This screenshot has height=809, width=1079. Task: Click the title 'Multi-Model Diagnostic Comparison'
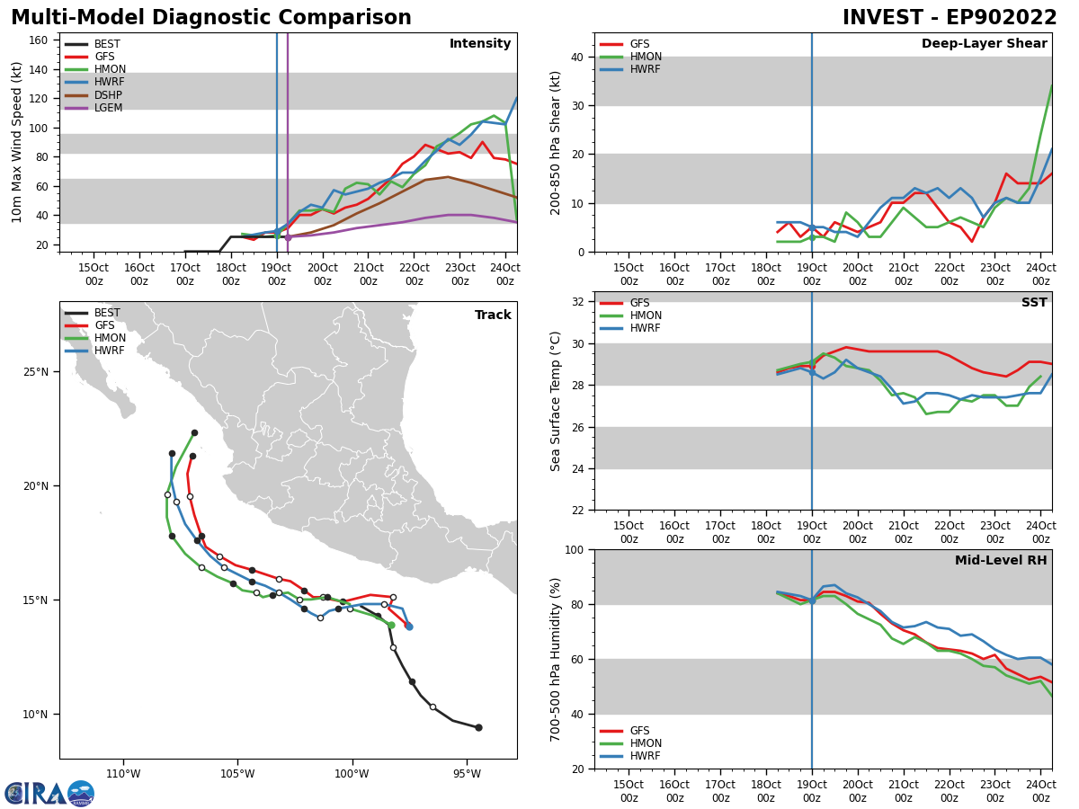click(211, 18)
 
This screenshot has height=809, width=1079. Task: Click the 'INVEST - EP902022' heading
click(950, 18)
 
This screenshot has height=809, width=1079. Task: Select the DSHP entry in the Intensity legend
click(108, 95)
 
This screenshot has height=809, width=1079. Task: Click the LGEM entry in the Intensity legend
click(108, 108)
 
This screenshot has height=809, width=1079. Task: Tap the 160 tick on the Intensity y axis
click(41, 40)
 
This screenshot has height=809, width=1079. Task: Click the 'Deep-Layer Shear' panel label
click(984, 44)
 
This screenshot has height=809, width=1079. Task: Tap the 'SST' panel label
click(1034, 303)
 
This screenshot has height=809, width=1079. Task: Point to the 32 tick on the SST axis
click(578, 302)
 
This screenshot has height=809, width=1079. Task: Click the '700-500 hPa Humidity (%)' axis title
click(557, 659)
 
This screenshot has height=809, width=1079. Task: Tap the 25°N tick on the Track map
click(36, 372)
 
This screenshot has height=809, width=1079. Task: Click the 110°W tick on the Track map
click(123, 773)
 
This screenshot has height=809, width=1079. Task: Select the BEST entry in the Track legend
click(106, 314)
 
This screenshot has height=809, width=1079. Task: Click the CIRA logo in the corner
click(49, 793)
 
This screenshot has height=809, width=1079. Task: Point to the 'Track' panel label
click(493, 316)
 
